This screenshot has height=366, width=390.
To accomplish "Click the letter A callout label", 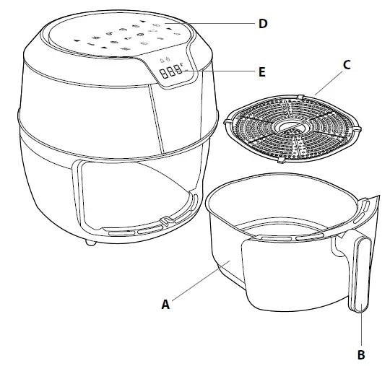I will click(165, 305).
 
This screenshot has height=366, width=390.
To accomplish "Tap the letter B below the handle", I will click(360, 354).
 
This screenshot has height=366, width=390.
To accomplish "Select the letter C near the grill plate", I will click(347, 64).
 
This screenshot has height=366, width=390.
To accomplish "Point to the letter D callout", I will click(263, 24).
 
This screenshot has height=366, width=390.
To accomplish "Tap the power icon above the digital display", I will click(168, 59).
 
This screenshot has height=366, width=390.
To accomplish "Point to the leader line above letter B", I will click(360, 328).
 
